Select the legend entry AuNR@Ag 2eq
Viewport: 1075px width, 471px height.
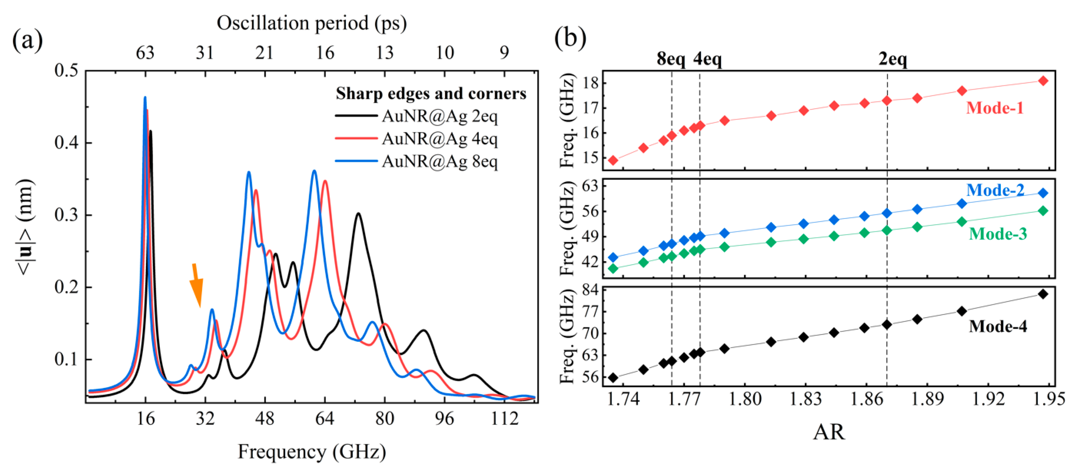tap(439, 116)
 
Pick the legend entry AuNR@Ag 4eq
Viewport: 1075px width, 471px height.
tap(439, 139)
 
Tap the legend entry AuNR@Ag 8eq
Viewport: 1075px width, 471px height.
tap(439, 161)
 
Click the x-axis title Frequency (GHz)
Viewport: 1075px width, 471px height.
tap(311, 451)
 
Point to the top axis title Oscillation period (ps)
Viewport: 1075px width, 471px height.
tap(311, 23)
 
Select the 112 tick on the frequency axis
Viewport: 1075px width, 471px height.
tap(504, 418)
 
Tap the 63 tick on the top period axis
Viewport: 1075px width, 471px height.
tap(145, 53)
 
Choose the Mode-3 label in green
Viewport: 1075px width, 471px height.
tap(997, 234)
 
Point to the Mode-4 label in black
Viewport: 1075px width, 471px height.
tap(997, 326)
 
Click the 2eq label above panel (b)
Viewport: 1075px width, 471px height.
tap(892, 59)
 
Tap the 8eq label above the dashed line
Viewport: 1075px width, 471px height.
tap(671, 59)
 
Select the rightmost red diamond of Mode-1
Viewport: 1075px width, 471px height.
tap(1043, 81)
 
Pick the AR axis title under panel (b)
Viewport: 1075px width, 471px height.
tap(829, 432)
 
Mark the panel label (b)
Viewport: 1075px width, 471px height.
tap(570, 37)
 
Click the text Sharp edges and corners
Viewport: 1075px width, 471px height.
tap(431, 94)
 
